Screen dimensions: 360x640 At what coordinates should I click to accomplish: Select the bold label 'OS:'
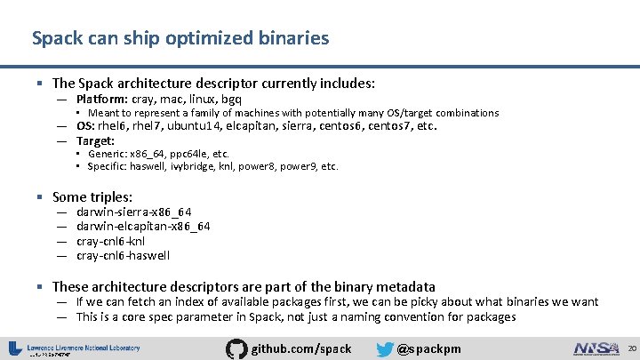[x=87, y=126]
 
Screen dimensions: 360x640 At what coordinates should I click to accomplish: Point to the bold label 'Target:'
[x=95, y=140]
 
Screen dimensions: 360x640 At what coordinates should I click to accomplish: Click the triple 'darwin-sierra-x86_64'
[x=134, y=212]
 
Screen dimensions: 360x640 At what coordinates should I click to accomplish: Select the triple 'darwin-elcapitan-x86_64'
[x=143, y=226]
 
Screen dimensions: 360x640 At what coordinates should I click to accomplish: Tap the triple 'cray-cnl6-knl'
[x=111, y=241]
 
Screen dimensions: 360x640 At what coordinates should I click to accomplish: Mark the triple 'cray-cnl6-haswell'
[x=123, y=255]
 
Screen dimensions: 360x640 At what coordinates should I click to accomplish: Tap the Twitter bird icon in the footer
[x=385, y=348]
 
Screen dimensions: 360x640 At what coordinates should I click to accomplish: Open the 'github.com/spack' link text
[x=302, y=348]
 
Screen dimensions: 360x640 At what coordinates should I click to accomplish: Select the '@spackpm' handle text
[x=429, y=348]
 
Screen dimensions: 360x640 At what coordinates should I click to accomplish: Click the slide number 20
[x=631, y=347]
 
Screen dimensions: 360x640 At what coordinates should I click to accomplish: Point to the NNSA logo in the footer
[x=596, y=348]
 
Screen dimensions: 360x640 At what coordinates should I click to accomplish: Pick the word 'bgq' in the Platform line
[x=230, y=99]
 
